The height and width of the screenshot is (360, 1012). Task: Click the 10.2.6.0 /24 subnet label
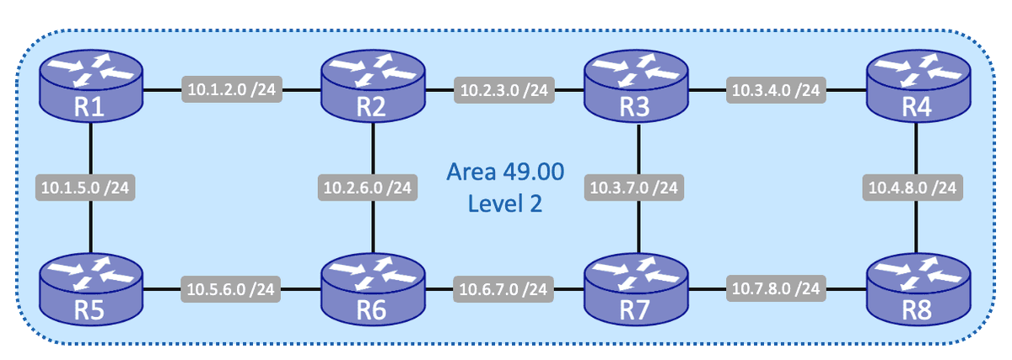point(368,187)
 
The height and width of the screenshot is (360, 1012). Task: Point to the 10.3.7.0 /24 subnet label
point(635,187)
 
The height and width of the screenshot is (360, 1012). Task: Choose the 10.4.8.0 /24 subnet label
point(914,187)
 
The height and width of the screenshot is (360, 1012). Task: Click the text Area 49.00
point(503,174)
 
